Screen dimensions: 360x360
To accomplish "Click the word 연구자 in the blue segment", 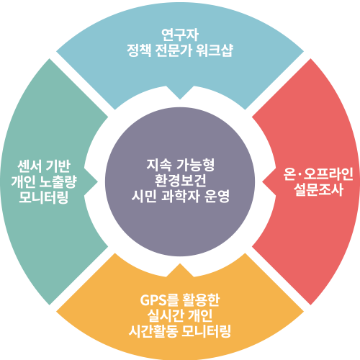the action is pyautogui.click(x=180, y=35).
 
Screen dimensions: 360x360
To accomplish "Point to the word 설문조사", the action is pyautogui.click(x=318, y=190).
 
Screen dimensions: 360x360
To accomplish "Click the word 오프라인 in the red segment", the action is pyautogui.click(x=328, y=174).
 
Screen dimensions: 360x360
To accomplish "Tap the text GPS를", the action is pyautogui.click(x=159, y=300).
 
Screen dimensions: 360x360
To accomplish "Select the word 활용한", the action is pyautogui.click(x=201, y=300).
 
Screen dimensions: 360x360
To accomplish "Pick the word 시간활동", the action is pyautogui.click(x=153, y=331).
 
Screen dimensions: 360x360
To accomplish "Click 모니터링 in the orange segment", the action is pyautogui.click(x=206, y=331).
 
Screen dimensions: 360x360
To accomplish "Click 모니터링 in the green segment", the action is pyautogui.click(x=43, y=197).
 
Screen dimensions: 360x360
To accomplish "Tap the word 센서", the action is pyautogui.click(x=30, y=166).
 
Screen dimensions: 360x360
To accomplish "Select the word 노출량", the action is pyautogui.click(x=58, y=181).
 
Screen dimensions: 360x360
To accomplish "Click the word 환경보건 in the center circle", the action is pyautogui.click(x=180, y=181).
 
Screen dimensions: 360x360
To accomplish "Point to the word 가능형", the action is pyautogui.click(x=195, y=165).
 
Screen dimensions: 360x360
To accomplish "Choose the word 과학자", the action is pyautogui.click(x=181, y=197).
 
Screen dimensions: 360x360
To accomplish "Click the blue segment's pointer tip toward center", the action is pyautogui.click(x=180, y=99).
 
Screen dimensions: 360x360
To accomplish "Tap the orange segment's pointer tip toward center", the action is pyautogui.click(x=180, y=264).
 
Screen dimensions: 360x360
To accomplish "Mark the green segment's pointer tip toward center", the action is pyautogui.click(x=98, y=181).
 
